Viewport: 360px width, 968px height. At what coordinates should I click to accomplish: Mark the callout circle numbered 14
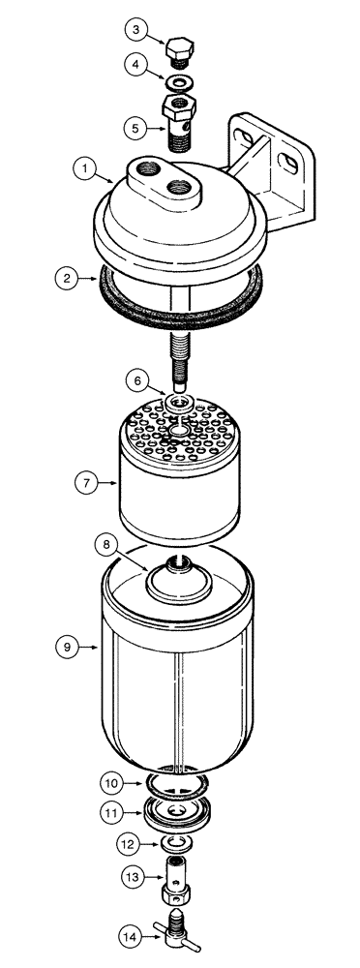point(130,935)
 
